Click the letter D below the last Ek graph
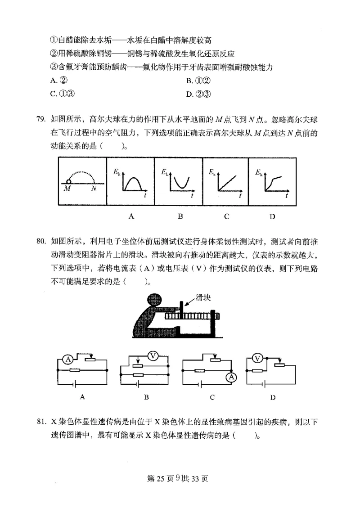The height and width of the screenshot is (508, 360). (x=272, y=217)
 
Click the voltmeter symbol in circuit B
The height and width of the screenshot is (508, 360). (x=153, y=356)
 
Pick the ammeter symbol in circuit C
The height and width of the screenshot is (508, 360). (x=231, y=377)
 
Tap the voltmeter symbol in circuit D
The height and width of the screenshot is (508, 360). (x=257, y=359)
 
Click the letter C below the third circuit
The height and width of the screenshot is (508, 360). (x=212, y=397)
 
